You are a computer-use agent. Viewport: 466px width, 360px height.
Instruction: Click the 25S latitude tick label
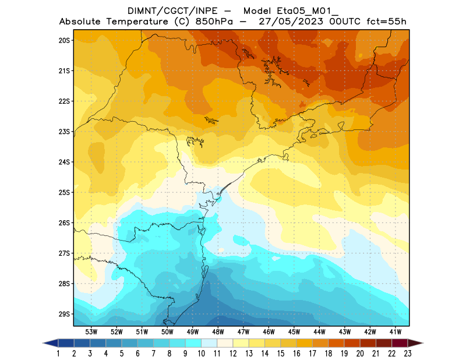(x=64, y=192)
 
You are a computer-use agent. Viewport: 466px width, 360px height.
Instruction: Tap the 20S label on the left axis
(x=64, y=40)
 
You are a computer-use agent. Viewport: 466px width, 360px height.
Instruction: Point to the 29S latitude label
(x=64, y=314)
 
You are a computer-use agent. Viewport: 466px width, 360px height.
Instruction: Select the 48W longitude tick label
(x=218, y=331)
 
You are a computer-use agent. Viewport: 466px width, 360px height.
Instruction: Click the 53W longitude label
(x=91, y=331)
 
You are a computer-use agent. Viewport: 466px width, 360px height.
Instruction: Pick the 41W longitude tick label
(x=396, y=331)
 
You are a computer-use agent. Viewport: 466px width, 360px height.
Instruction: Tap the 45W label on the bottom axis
(x=294, y=331)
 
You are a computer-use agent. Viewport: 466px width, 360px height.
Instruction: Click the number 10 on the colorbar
(x=202, y=353)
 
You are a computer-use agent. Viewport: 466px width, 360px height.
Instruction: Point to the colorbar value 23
(x=407, y=353)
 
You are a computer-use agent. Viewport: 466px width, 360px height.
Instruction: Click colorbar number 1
(x=59, y=353)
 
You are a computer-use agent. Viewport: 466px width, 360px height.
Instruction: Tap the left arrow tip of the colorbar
(x=44, y=343)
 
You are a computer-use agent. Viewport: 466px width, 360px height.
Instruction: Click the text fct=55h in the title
(x=385, y=22)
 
